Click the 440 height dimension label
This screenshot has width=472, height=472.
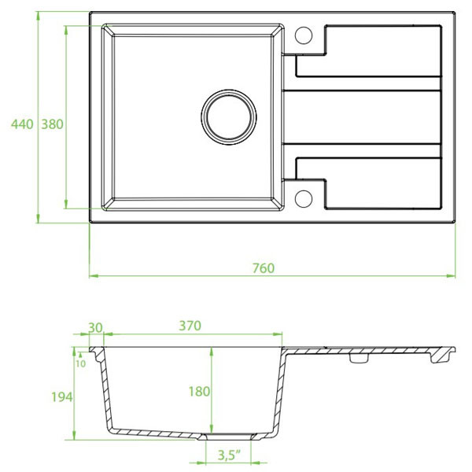22,124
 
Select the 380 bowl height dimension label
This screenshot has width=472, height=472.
53,124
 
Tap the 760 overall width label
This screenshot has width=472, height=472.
264,268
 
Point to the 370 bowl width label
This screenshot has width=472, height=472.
190,326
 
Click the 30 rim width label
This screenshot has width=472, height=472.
95,328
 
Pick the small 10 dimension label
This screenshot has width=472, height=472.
81,364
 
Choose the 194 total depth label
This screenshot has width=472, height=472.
61,397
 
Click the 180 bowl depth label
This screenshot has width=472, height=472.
199,392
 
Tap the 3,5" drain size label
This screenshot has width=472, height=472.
230,455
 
